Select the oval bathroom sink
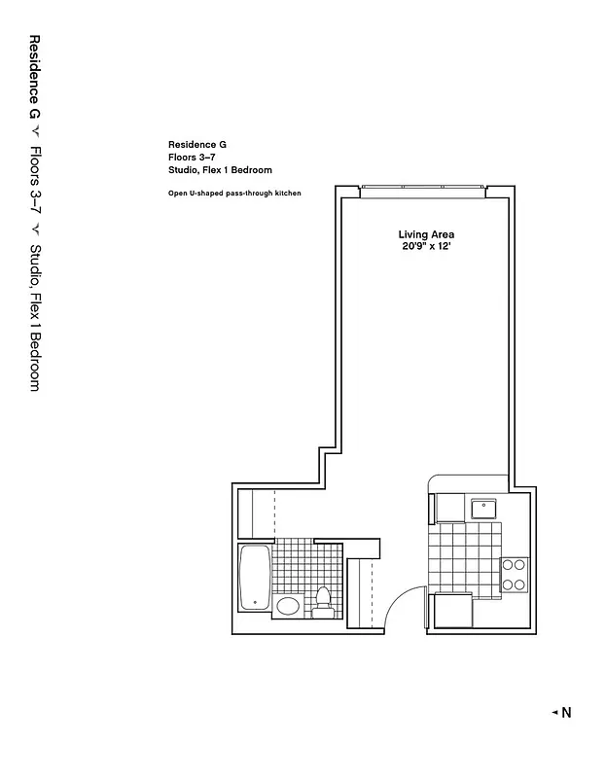pos(289,606)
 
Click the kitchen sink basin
pos(483,509)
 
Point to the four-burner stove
pos(513,575)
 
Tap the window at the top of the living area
pos(422,192)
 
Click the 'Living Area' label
pos(426,234)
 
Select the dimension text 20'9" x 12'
pos(426,247)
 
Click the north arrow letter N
pos(566,713)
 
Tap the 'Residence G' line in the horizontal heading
pos(196,144)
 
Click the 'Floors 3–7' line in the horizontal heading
pos(191,157)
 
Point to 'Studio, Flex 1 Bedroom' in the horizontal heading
pos(219,169)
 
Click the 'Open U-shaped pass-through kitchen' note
pos(234,194)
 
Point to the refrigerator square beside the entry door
pos(452,612)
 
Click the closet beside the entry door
pos(360,593)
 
